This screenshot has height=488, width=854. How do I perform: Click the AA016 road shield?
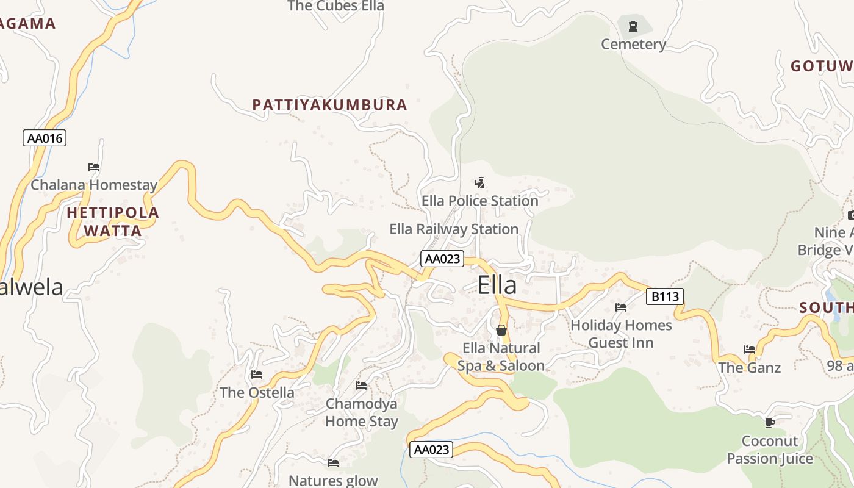45,138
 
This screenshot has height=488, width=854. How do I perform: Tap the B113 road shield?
665,296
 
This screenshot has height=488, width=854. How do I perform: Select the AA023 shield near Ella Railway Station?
442,259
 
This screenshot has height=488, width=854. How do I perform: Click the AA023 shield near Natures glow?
431,450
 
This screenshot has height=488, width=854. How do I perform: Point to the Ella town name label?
497,285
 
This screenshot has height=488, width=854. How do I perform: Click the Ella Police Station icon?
480,182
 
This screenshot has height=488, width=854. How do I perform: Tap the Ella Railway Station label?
454,229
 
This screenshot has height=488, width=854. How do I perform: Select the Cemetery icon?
633,26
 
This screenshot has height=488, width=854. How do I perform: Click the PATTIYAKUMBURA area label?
329,105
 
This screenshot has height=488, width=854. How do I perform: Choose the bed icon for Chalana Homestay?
94,167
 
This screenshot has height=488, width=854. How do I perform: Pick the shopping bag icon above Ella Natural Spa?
501,330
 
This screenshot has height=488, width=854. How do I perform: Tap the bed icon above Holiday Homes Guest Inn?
621,307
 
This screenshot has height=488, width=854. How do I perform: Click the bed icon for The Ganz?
750,350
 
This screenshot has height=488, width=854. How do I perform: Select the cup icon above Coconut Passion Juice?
770,422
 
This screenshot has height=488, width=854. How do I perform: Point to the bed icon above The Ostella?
257,374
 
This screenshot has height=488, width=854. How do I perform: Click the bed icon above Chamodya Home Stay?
361,386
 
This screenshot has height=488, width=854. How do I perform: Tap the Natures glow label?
333,481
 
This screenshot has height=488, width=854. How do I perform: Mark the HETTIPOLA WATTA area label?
113,221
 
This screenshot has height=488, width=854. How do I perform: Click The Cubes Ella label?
335,6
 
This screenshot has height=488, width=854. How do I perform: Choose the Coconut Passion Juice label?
770,450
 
